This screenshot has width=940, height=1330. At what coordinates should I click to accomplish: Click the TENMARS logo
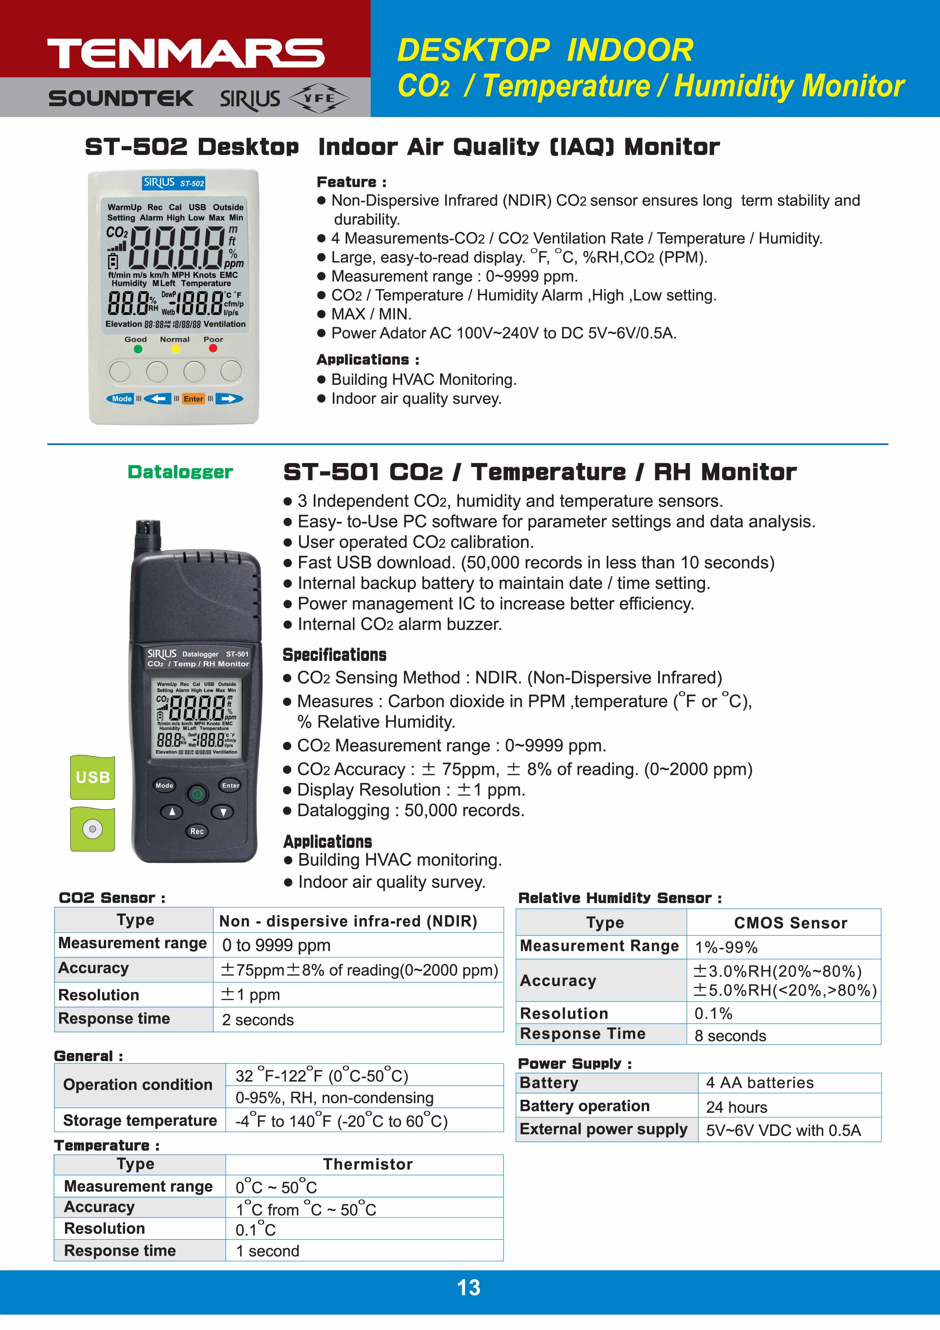pos(185,53)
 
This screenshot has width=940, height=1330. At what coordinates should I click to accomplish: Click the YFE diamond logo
pos(319,99)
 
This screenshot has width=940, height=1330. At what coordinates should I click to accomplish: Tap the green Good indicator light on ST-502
pos(138,349)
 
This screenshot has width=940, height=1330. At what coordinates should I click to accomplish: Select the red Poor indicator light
pos(213,348)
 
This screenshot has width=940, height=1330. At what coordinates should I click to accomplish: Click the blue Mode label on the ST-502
pos(122,398)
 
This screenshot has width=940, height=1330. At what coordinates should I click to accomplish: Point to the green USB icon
pos(92,777)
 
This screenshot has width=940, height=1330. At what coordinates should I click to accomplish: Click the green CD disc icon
pos(92,829)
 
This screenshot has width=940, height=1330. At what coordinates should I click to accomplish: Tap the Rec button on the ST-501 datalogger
pos(197,831)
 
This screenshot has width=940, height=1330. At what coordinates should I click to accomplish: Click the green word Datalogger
pos(180,472)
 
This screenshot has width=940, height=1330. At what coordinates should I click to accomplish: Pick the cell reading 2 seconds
pos(258,1019)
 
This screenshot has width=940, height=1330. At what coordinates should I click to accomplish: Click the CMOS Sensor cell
pos(790,923)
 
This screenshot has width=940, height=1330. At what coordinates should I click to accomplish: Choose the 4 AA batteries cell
pos(759,1083)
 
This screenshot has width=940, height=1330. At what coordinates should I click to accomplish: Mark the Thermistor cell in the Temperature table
pos(368,1164)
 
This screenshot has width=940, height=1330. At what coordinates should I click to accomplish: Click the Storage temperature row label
pos(139,1120)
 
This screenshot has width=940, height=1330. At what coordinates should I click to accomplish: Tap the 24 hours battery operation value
pos(736,1107)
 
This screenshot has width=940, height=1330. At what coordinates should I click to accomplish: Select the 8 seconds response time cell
pos(730,1036)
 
